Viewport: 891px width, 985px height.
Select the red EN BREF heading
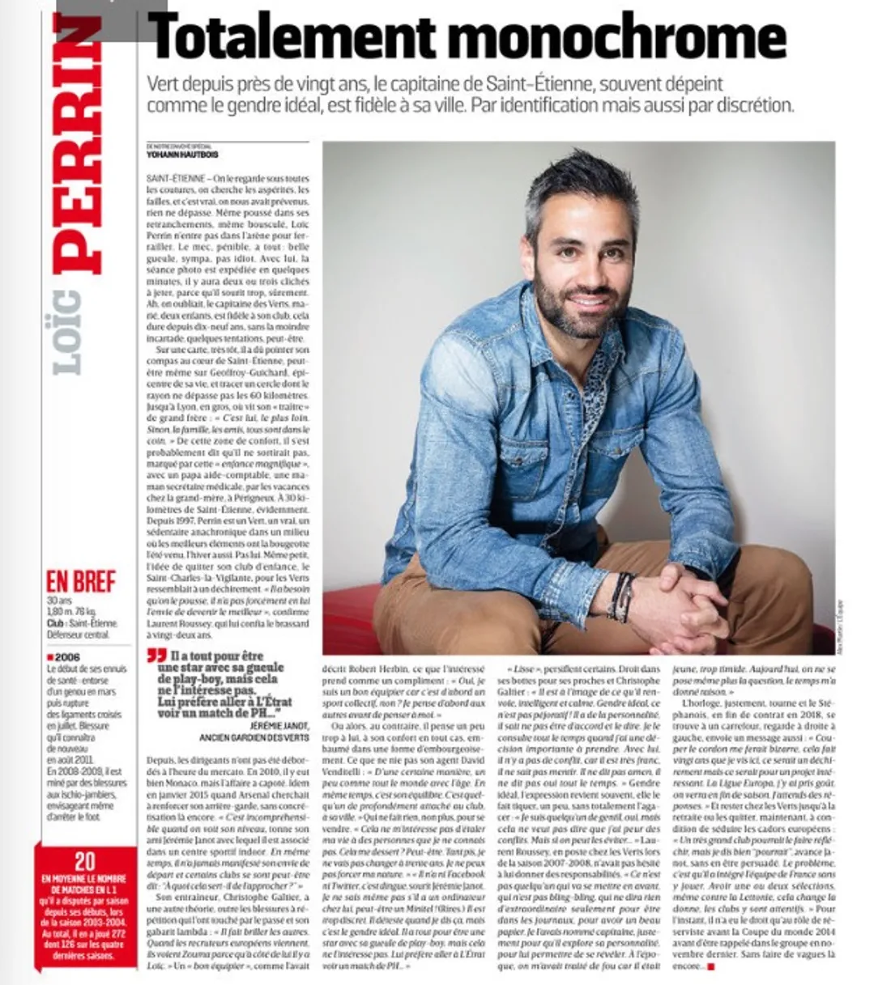tap(81, 581)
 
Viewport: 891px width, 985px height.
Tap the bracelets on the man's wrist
tap(622, 596)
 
